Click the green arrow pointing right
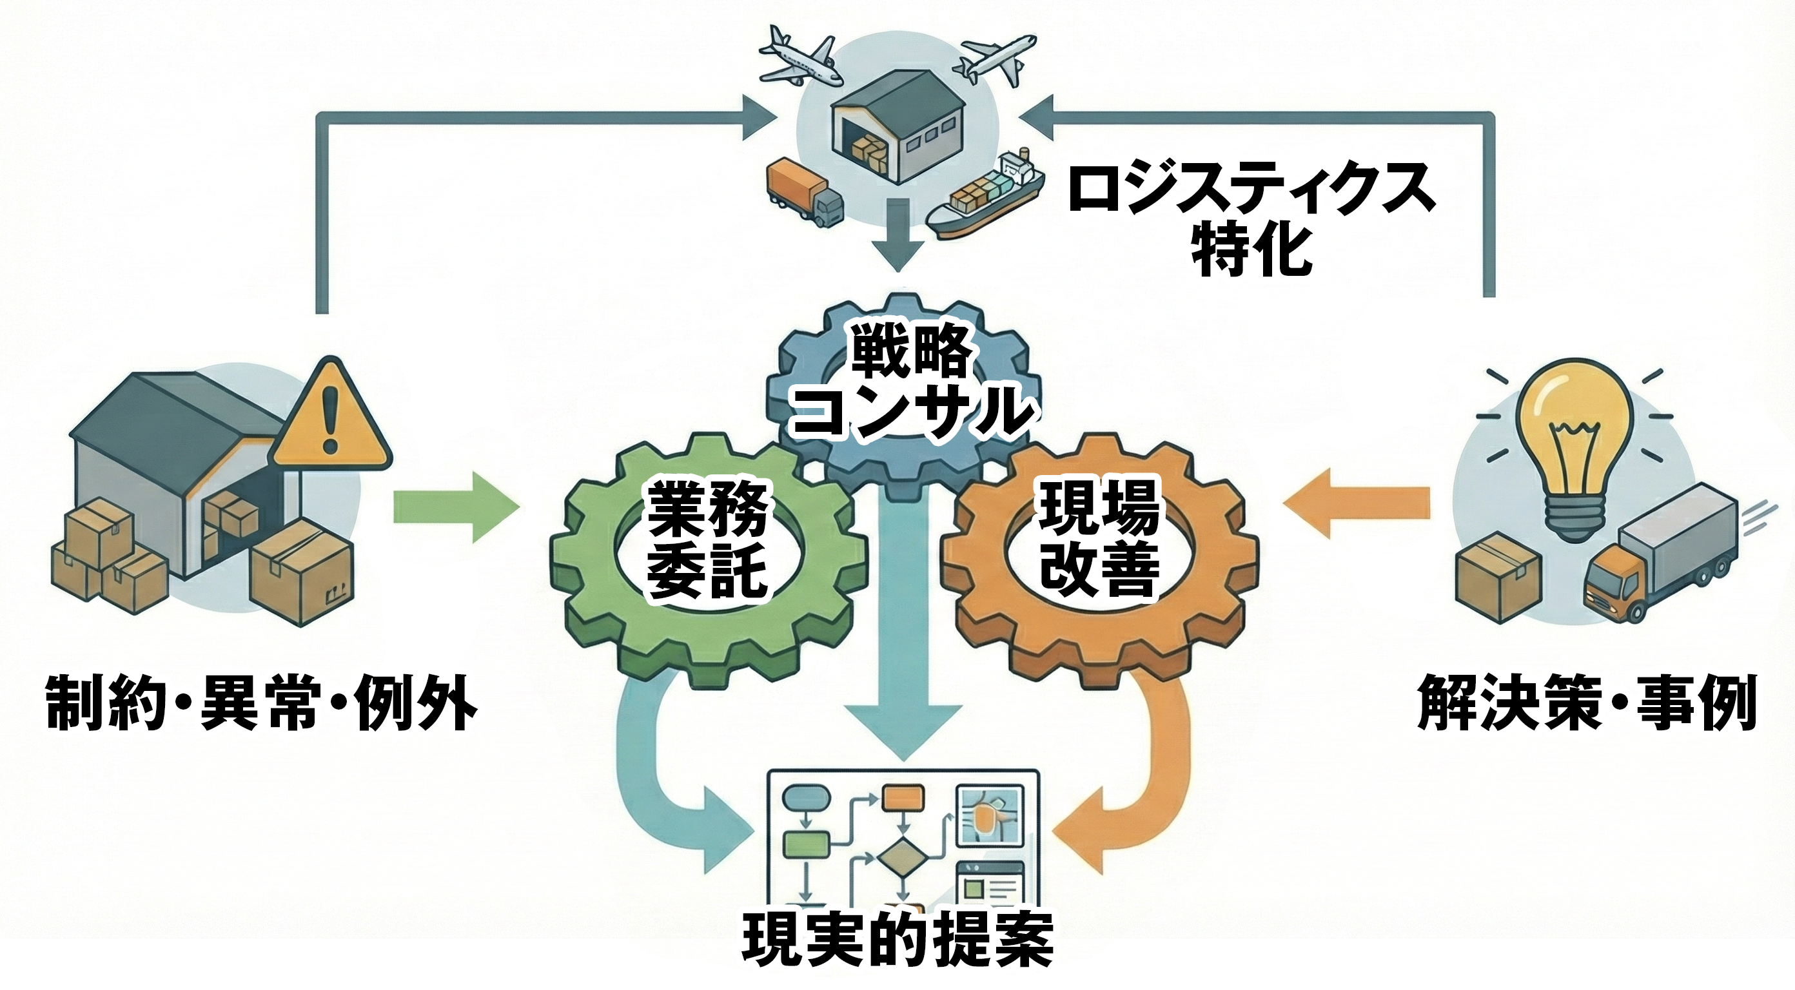click(456, 507)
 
